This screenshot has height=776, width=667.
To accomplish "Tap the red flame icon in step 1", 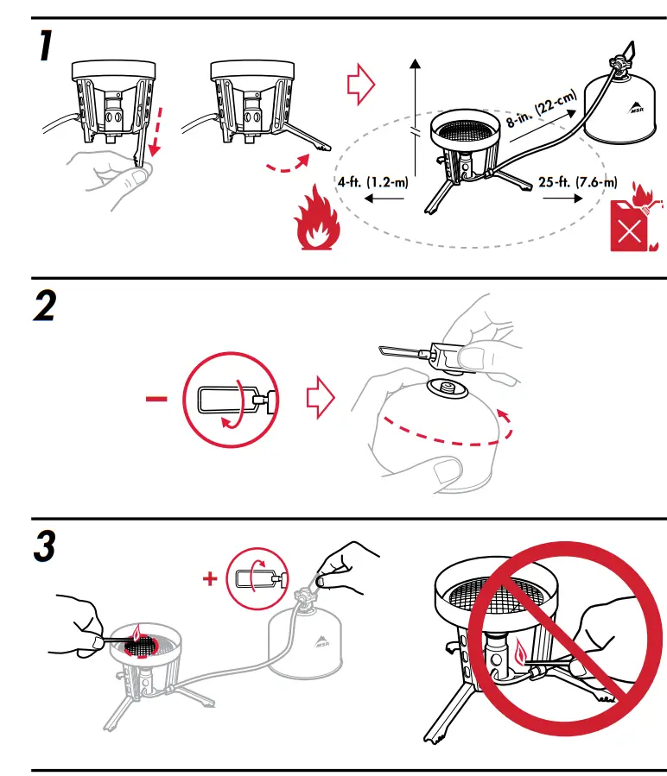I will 317,224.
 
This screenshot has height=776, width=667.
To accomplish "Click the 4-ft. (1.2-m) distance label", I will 372,181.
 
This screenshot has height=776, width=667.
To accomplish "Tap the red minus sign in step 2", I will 157,399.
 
